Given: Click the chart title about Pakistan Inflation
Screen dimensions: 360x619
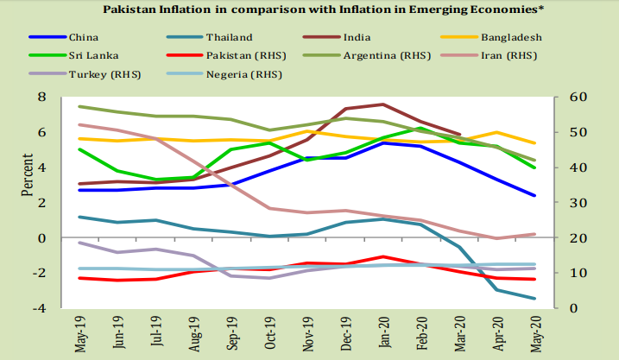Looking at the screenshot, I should [308, 10].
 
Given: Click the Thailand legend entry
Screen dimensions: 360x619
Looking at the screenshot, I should [229, 37].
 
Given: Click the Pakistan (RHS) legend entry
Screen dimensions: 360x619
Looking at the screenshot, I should [247, 56].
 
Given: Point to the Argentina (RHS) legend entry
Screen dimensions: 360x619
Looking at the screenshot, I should [388, 56].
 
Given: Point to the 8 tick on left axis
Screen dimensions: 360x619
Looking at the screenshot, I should [41, 98].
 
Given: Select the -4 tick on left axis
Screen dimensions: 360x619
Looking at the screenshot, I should [37, 308].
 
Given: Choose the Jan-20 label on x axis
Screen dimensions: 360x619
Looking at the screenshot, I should [384, 331].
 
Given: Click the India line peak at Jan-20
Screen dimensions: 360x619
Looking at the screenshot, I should [383, 104].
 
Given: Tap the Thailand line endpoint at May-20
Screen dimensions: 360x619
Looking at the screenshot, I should [535, 299].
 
